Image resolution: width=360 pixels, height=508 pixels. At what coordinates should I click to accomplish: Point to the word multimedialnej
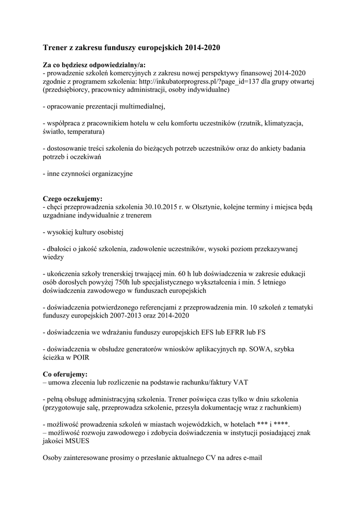pyautogui.click(x=141, y=107)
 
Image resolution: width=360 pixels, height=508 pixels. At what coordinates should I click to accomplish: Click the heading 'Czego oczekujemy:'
pyautogui.click(x=72, y=198)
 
